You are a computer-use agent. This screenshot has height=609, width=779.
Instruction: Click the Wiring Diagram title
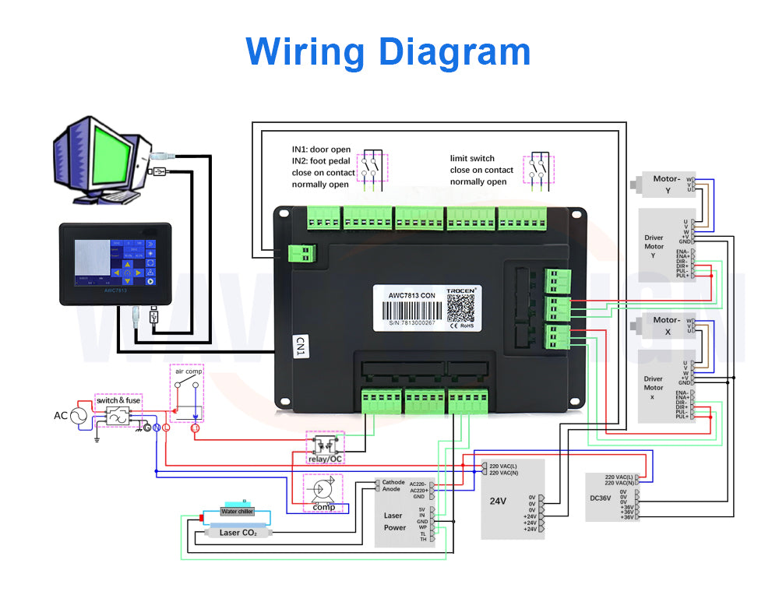click(x=388, y=52)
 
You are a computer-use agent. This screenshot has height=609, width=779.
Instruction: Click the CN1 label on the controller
click(x=301, y=347)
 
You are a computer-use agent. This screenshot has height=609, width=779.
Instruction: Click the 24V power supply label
click(x=498, y=500)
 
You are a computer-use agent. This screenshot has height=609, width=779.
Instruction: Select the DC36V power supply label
click(x=601, y=497)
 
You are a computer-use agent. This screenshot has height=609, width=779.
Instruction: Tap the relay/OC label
click(x=325, y=459)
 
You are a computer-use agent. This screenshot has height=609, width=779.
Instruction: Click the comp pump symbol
click(x=323, y=490)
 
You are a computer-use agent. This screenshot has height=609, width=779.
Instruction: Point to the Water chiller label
click(x=237, y=512)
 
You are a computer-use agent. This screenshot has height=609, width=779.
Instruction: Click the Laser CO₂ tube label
click(x=238, y=533)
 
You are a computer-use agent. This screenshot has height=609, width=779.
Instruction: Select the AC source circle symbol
click(x=79, y=416)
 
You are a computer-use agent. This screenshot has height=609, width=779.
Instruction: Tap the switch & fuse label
click(x=118, y=400)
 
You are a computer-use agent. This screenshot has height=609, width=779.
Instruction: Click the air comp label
click(x=189, y=371)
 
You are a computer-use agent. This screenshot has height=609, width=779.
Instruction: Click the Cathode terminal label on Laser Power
click(x=393, y=482)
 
